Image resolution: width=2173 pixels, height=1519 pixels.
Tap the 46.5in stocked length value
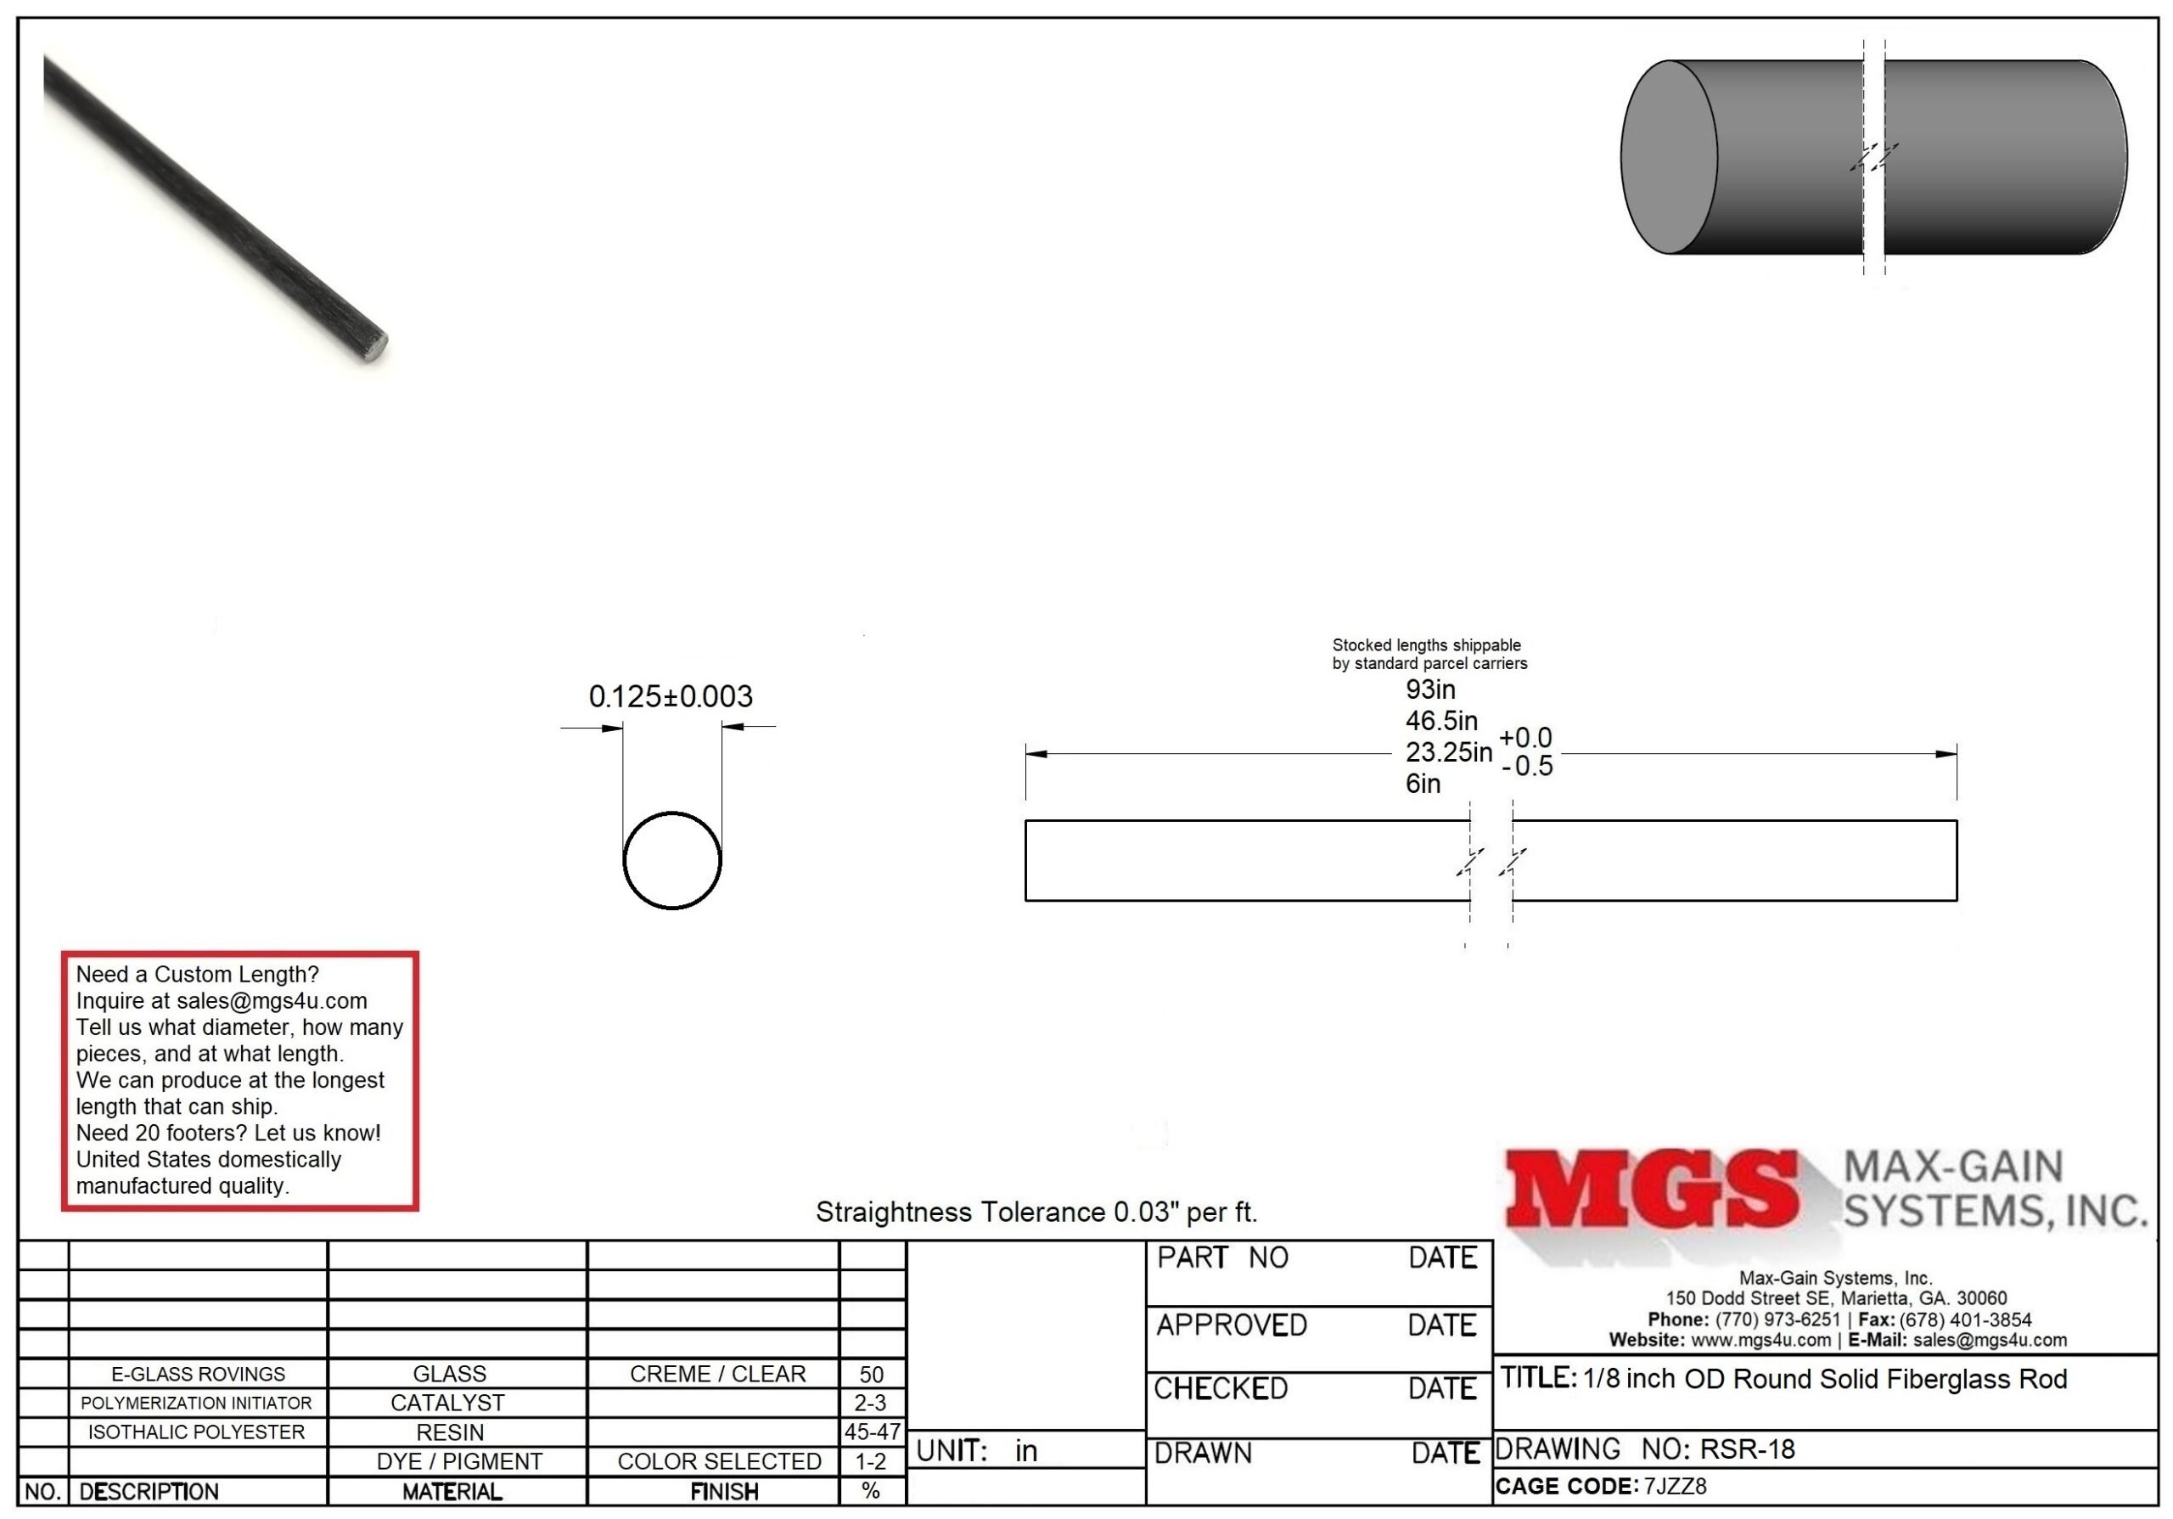pyautogui.click(x=1440, y=720)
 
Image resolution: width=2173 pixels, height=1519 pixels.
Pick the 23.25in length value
pyautogui.click(x=1448, y=751)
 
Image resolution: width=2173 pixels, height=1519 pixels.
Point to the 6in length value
pyautogui.click(x=1423, y=784)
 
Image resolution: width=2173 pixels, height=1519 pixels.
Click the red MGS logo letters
pyautogui.click(x=1652, y=1189)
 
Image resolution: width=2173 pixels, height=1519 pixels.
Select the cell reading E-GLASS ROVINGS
pyautogui.click(x=198, y=1374)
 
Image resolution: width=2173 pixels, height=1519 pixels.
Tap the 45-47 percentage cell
pyautogui.click(x=873, y=1432)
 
